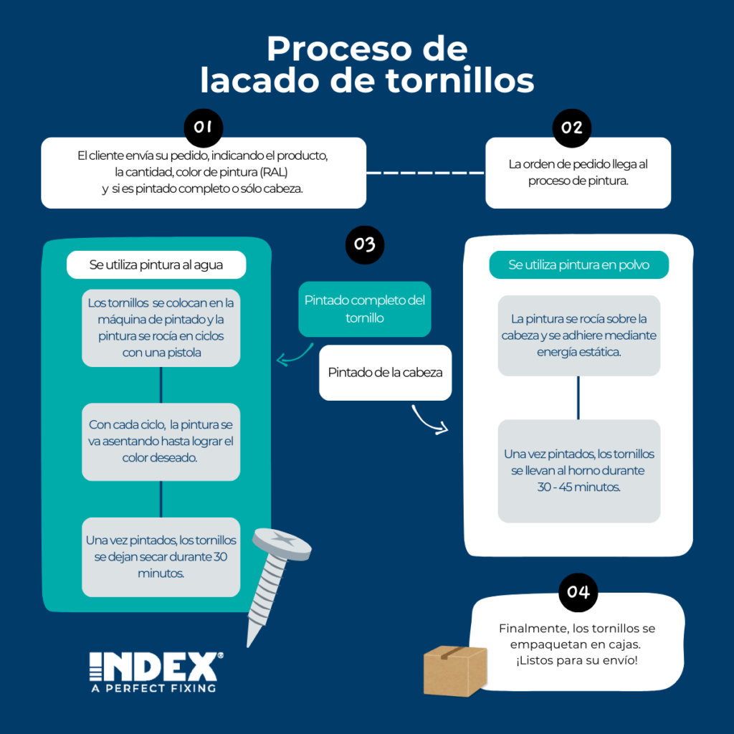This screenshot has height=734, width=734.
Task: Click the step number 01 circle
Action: (x=204, y=128)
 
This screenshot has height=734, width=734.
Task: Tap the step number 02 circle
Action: (x=572, y=128)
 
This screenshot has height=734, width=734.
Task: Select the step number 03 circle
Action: (x=365, y=244)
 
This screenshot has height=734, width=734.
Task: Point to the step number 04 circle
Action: (x=578, y=592)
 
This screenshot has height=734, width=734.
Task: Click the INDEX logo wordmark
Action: (x=153, y=667)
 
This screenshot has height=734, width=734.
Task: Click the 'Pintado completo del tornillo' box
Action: (x=365, y=309)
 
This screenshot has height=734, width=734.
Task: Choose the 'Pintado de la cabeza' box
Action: (x=385, y=373)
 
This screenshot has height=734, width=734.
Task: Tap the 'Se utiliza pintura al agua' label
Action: (x=156, y=265)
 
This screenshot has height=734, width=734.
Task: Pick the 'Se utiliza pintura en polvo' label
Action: (x=578, y=265)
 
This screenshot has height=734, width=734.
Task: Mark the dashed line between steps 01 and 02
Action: (x=426, y=173)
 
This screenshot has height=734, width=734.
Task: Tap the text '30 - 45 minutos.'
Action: (x=578, y=487)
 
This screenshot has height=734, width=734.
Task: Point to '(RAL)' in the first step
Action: (x=280, y=173)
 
